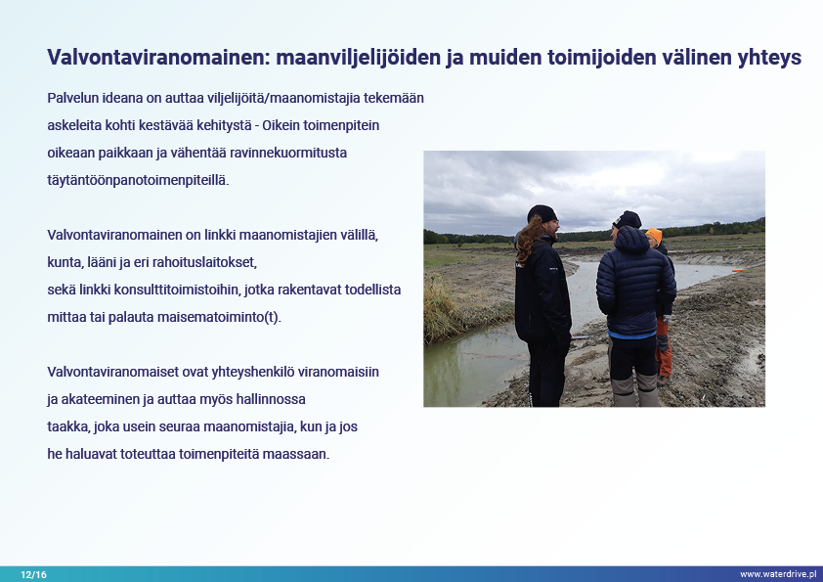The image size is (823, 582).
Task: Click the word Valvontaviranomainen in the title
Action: (x=158, y=57)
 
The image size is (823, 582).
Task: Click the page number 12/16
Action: (x=33, y=574)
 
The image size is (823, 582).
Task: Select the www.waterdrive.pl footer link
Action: (x=778, y=574)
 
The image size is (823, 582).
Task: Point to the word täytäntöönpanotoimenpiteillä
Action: (x=138, y=180)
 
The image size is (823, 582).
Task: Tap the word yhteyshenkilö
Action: (x=252, y=372)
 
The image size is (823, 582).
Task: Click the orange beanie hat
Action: (x=654, y=235)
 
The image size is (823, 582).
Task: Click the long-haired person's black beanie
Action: (x=542, y=213)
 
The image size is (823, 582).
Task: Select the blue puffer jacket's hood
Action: (x=632, y=239)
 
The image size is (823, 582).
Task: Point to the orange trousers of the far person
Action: (x=664, y=345)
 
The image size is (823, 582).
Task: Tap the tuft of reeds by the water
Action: (x=440, y=311)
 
